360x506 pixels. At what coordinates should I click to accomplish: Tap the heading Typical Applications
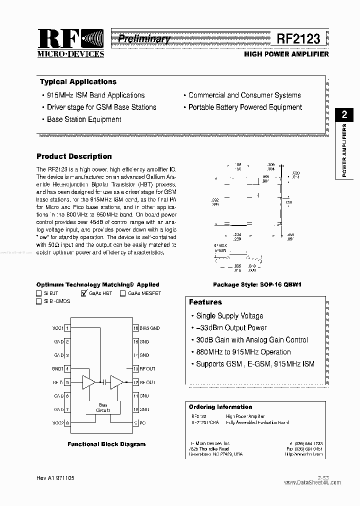click(78, 82)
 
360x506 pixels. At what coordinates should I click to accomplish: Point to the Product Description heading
click(74, 156)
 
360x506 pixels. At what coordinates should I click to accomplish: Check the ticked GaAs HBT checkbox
click(84, 293)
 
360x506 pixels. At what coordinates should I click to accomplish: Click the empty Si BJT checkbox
click(39, 293)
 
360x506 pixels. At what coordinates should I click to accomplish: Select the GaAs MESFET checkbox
click(122, 293)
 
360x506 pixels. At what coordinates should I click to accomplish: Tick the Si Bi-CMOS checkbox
click(39, 301)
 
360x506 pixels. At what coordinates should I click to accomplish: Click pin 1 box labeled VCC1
click(67, 328)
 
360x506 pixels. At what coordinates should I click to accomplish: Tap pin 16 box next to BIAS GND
click(135, 328)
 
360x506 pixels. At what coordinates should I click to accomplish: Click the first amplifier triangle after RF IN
click(88, 382)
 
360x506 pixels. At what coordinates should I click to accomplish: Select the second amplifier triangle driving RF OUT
click(116, 382)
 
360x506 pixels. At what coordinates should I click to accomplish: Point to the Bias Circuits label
click(103, 407)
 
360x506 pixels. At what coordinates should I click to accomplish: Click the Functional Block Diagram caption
click(106, 444)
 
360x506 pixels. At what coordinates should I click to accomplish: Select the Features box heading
click(205, 302)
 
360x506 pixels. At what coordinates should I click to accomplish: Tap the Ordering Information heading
click(220, 407)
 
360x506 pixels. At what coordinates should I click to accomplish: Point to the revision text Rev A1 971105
click(56, 478)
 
